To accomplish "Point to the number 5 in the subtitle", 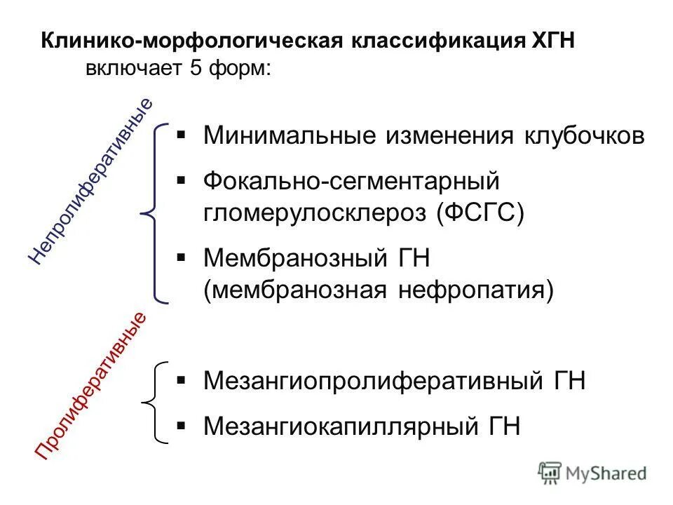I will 195,69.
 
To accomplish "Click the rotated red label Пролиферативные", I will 91,386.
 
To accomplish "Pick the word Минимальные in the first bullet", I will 287,135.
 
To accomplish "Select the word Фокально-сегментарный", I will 351,182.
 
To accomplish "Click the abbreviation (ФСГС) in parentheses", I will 480,212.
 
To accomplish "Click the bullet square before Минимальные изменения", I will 181,133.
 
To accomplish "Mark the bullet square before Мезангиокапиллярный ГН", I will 181,424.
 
